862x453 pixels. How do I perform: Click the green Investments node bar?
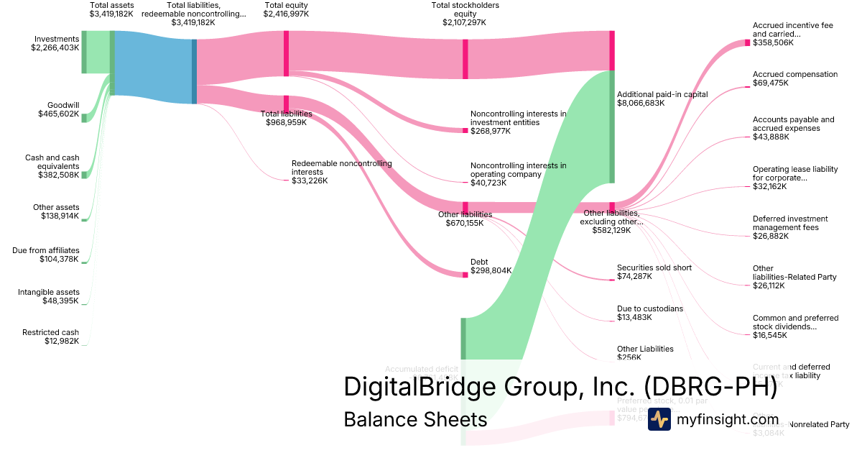point(84,52)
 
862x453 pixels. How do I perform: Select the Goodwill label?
point(63,105)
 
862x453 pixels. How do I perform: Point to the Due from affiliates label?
point(46,250)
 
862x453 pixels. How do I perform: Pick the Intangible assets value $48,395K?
point(60,301)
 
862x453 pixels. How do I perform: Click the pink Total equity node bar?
point(286,53)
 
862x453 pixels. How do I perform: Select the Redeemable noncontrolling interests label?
point(341,168)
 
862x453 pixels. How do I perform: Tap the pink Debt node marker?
point(465,274)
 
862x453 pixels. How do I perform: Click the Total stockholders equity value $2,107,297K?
point(465,22)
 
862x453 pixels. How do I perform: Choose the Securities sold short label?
point(654,267)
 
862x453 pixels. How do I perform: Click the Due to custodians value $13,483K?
point(635,318)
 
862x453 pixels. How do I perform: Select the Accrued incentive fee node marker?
point(747,43)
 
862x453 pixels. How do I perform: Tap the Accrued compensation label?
point(794,74)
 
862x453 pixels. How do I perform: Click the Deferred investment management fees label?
point(790,223)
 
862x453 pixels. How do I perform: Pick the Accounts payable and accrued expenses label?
point(793,124)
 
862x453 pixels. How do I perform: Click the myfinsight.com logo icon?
point(659,419)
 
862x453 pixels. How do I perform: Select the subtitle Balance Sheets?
point(415,419)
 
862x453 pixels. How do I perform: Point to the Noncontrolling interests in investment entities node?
point(465,130)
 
